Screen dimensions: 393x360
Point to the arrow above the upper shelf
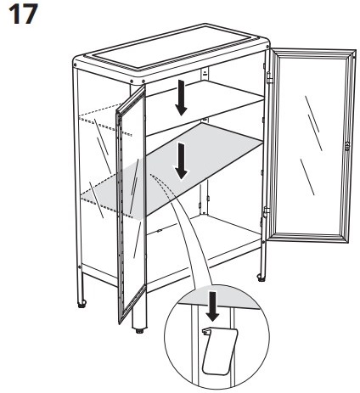pos(181,98)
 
